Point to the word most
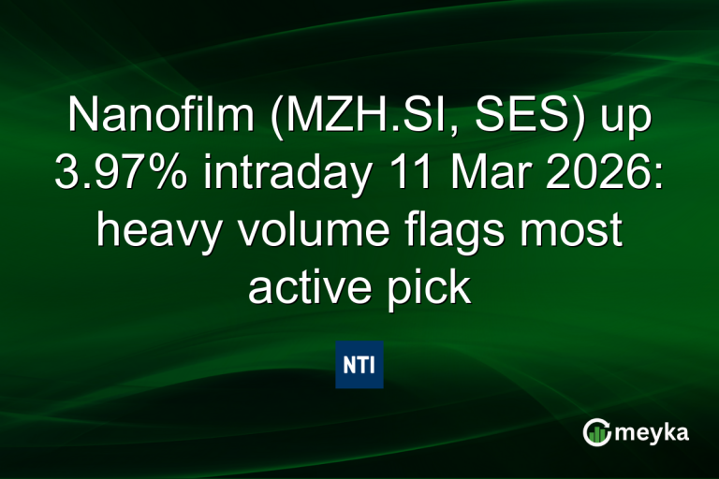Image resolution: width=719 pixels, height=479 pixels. tap(574, 230)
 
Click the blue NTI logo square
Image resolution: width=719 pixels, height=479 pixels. tap(359, 365)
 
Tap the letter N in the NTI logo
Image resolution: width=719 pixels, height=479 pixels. tap(348, 365)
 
